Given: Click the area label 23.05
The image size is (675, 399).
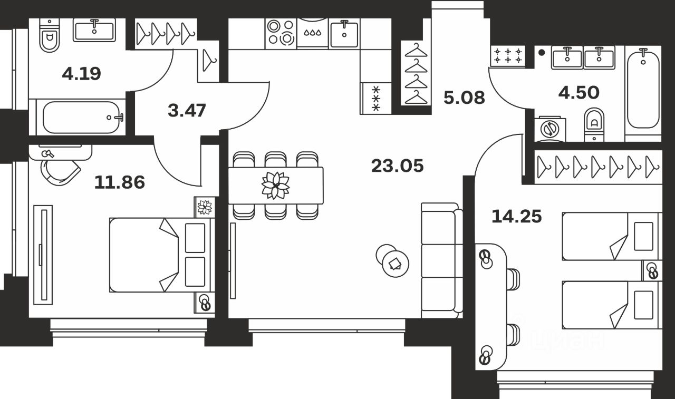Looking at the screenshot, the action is [397, 166].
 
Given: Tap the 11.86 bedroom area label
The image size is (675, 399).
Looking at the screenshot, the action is [119, 182].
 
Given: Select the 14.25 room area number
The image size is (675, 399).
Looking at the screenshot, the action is [516, 216].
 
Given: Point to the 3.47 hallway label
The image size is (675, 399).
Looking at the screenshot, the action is [187, 111].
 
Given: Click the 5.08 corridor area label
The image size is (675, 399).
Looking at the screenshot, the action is [464, 98].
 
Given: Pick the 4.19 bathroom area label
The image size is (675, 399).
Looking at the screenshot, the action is [81, 73].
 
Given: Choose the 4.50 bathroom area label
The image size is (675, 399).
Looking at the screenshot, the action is [579, 93].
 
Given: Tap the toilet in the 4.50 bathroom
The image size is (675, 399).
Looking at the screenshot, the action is [594, 124].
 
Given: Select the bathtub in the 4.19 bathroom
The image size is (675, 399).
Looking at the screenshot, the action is [81, 117].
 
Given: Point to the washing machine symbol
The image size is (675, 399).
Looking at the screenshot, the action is [549, 129].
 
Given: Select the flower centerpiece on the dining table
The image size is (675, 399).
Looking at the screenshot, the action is [276, 186].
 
